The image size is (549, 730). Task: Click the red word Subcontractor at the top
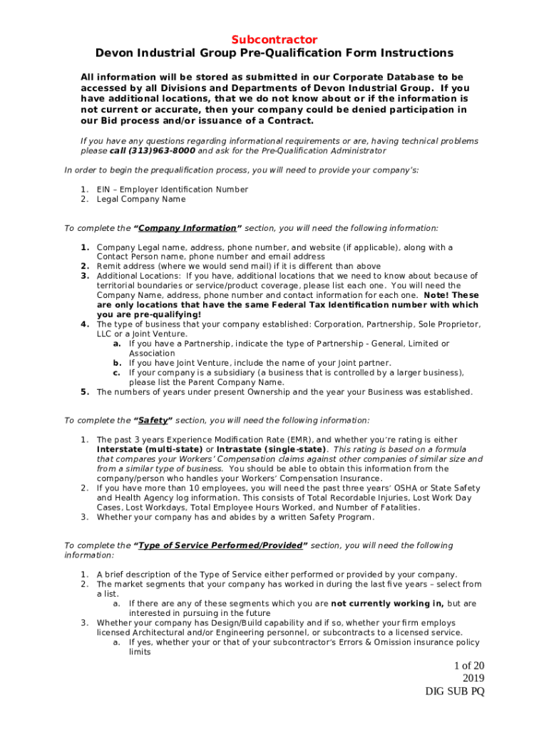[x=274, y=40]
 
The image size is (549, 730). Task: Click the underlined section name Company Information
[x=188, y=228]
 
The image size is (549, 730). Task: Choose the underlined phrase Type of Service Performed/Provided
[x=220, y=546]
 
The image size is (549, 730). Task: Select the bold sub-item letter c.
[x=116, y=373]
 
